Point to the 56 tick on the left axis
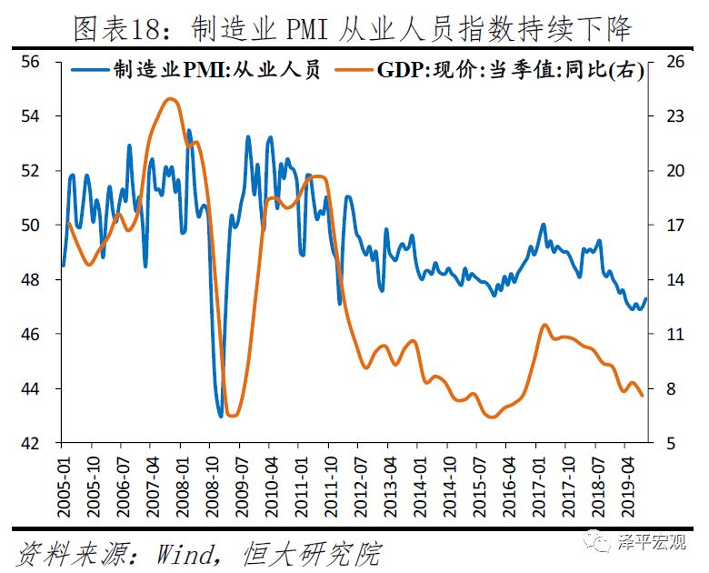[x=32, y=62]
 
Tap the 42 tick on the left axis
[x=32, y=444]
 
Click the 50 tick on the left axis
[x=32, y=226]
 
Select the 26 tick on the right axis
[x=674, y=62]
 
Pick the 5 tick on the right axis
[x=670, y=444]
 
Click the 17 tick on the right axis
[x=674, y=226]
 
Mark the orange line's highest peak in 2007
[x=169, y=98]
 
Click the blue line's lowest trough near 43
[x=221, y=417]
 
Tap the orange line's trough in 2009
[x=232, y=416]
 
